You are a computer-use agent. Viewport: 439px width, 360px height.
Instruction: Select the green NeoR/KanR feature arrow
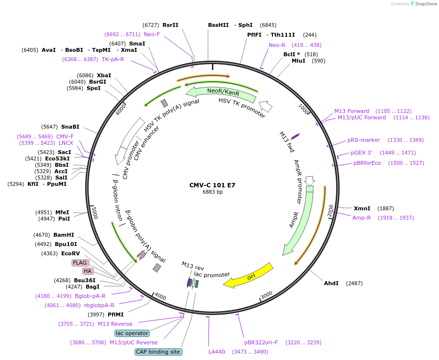pyautogui.click(x=221, y=93)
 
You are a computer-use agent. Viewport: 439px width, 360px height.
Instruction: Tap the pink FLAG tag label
pyautogui.click(x=80, y=263)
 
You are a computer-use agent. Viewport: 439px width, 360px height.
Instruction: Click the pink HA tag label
pyautogui.click(x=88, y=271)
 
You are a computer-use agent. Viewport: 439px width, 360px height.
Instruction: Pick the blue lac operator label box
pyautogui.click(x=132, y=333)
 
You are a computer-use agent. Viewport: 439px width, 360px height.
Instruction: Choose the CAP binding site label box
pyautogui.click(x=159, y=352)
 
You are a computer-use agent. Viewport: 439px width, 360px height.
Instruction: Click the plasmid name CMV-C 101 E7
pyautogui.click(x=212, y=185)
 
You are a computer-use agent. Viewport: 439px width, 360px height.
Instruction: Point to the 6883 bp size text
pyautogui.click(x=212, y=192)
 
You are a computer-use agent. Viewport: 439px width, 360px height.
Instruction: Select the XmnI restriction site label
pyautogui.click(x=362, y=208)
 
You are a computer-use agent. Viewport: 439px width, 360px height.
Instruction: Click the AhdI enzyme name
pyautogui.click(x=331, y=283)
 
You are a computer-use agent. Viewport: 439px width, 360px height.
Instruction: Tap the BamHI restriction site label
pyautogui.click(x=64, y=235)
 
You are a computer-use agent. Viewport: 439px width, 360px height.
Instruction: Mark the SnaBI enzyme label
pyautogui.click(x=70, y=127)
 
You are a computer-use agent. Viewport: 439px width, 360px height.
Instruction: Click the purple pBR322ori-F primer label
pyautogui.click(x=261, y=342)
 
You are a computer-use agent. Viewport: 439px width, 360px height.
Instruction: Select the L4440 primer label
pyautogui.click(x=217, y=352)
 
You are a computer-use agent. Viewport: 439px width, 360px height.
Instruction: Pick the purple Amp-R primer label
pyautogui.click(x=362, y=218)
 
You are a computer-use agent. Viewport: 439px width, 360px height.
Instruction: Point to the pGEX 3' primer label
pyautogui.click(x=362, y=153)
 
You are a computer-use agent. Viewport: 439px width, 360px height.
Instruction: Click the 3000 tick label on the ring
pyautogui.click(x=267, y=295)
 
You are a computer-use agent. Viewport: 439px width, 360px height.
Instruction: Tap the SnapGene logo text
pyautogui.click(x=426, y=3)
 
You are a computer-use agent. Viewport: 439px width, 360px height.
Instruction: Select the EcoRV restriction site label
pyautogui.click(x=70, y=253)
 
